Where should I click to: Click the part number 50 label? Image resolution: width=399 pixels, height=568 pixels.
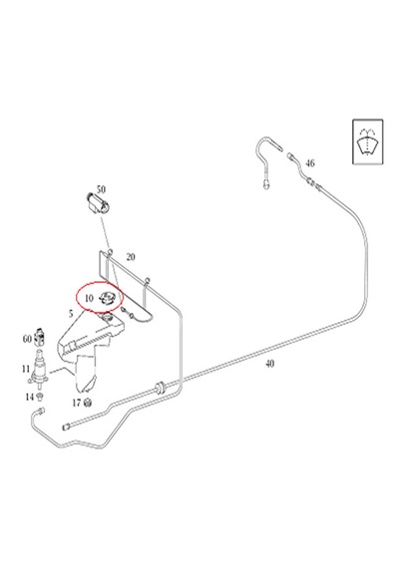coord(101,189)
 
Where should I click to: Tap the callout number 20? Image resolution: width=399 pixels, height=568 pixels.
coord(131,257)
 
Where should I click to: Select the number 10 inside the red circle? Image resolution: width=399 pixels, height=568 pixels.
coord(89,298)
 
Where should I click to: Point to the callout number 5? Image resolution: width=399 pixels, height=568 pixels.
coord(71,313)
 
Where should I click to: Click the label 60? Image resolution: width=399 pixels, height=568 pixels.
coord(27,339)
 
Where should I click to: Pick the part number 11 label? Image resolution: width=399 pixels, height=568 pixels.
coord(26,369)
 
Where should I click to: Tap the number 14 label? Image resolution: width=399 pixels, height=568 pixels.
coord(29,397)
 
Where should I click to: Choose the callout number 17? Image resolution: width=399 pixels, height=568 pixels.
coord(77,403)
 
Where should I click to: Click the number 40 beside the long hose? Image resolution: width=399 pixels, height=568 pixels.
coord(269,364)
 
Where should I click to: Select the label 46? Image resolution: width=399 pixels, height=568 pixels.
coord(310,163)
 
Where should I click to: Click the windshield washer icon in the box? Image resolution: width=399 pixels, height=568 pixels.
coord(368,142)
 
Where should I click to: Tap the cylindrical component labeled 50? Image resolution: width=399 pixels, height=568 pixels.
coord(97,204)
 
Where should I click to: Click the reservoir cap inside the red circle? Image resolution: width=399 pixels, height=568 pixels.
coord(107,299)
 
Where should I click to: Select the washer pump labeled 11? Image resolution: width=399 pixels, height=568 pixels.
coord(38,369)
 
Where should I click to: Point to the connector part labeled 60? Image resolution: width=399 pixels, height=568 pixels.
coord(40,337)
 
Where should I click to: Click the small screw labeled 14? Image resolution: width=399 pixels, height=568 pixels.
coord(40,398)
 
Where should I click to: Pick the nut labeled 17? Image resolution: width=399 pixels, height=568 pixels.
coord(87,403)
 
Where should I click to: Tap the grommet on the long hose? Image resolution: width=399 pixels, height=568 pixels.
coord(159,389)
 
